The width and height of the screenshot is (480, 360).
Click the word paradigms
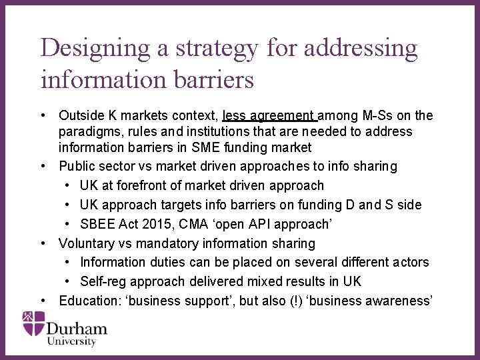coord(89,131)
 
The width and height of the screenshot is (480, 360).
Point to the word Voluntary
coord(89,243)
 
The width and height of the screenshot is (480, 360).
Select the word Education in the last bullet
coord(89,301)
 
